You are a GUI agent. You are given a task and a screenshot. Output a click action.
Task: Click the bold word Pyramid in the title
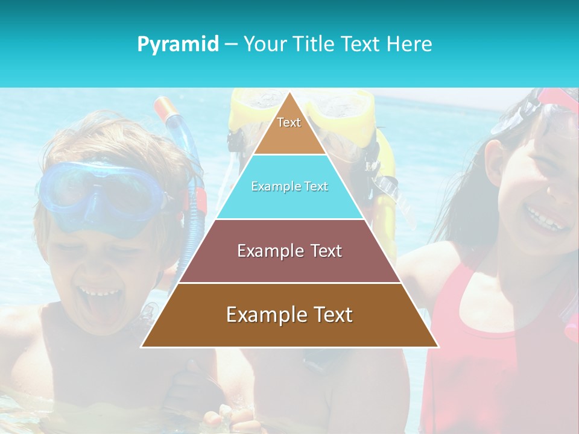177,44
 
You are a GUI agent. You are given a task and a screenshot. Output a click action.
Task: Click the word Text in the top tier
289,122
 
